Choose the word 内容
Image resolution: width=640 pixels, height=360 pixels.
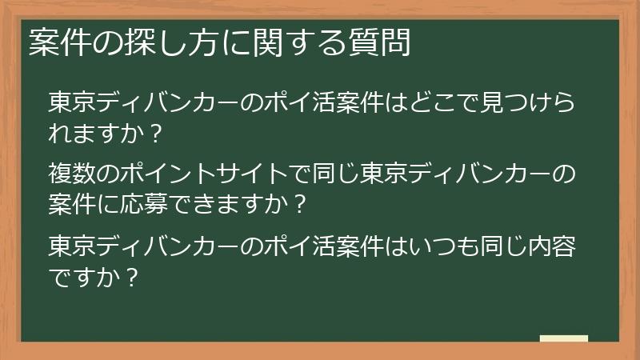554,245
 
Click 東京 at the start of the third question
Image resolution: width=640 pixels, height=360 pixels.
73,245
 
